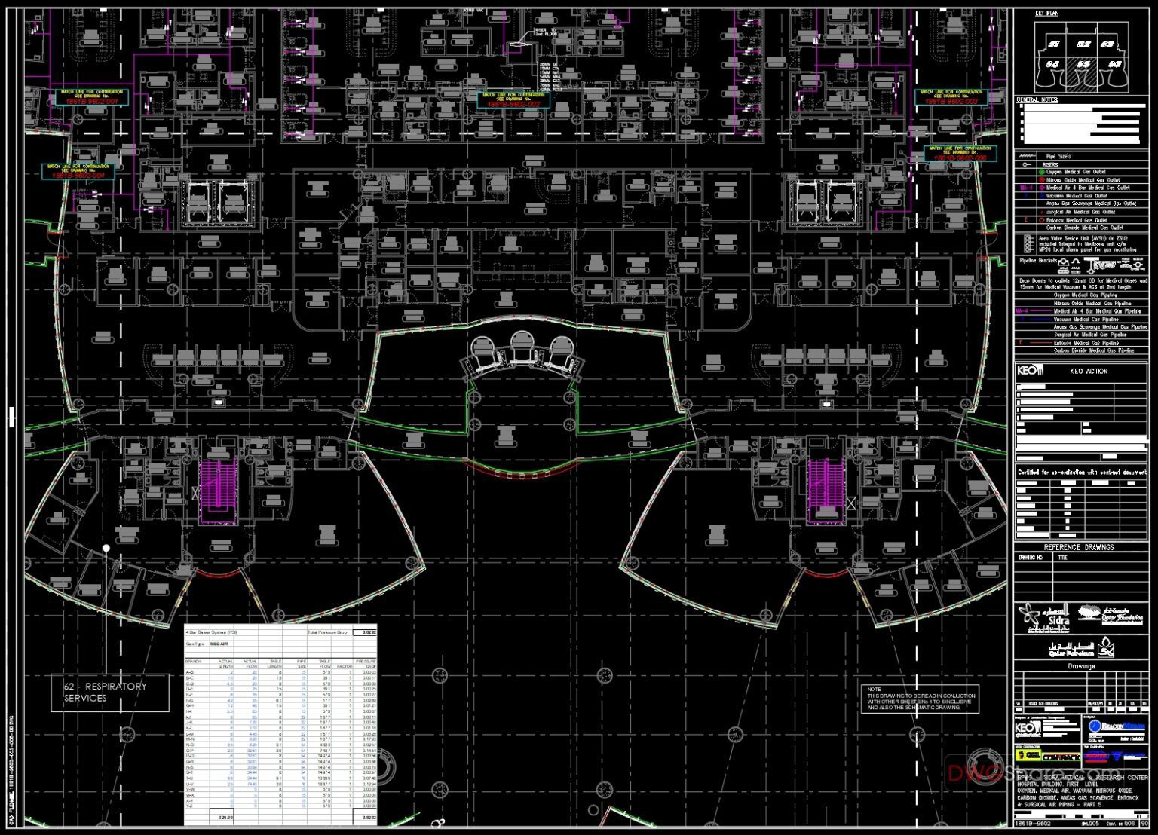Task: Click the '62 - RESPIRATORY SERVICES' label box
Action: (x=110, y=693)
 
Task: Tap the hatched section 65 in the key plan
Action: (x=1083, y=65)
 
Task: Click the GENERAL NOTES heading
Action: (x=1037, y=99)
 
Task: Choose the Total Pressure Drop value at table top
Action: (x=367, y=632)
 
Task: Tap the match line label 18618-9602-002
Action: (x=511, y=100)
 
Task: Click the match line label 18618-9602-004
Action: (x=78, y=172)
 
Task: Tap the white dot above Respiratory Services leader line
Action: (x=106, y=548)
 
